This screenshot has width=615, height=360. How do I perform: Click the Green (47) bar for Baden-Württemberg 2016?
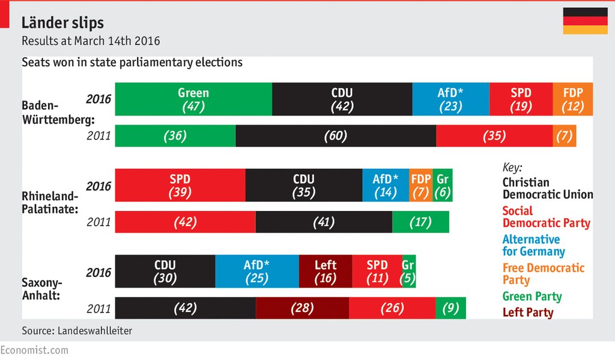(193, 99)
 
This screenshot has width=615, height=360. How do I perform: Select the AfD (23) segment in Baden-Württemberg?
(450, 99)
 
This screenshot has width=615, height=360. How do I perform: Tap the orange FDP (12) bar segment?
(572, 99)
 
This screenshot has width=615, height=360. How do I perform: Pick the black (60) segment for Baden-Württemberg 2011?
(335, 136)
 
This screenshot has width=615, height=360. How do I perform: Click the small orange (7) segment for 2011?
(564, 136)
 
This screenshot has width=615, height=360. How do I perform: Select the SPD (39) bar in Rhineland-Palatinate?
(180, 186)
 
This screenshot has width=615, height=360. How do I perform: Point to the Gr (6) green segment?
(443, 186)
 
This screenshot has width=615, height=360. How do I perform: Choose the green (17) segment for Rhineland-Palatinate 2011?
(420, 222)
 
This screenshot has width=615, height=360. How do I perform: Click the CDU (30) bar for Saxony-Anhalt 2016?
(165, 272)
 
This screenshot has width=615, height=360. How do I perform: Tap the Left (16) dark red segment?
(325, 272)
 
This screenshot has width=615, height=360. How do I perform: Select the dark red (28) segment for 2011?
(302, 308)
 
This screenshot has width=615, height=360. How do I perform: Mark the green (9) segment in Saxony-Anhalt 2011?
(450, 308)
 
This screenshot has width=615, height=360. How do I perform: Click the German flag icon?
(585, 21)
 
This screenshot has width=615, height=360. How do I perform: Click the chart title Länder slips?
(62, 23)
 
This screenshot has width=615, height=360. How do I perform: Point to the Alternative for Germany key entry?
(533, 245)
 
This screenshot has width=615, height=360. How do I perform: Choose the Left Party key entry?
(528, 313)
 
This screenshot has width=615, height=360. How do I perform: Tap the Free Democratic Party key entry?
(543, 274)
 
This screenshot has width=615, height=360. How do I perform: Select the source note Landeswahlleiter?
(77, 331)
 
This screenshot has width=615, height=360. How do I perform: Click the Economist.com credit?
(34, 350)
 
